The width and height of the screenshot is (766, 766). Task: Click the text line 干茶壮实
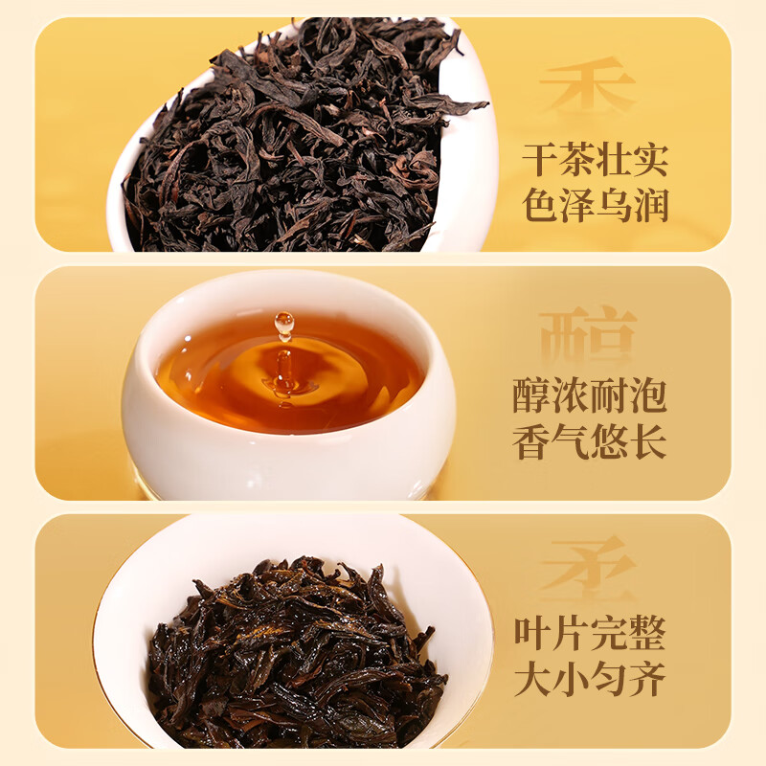[595, 158]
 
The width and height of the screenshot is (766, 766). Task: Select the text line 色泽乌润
[595, 205]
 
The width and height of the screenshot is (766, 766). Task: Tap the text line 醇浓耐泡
[589, 395]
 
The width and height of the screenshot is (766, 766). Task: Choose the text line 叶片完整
[589, 634]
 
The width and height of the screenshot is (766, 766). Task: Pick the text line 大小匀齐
[589, 680]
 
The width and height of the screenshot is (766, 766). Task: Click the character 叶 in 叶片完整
[533, 634]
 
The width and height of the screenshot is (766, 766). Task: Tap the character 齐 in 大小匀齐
[645, 680]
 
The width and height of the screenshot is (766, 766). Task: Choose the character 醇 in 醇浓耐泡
[533, 395]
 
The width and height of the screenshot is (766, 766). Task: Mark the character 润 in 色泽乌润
[649, 205]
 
